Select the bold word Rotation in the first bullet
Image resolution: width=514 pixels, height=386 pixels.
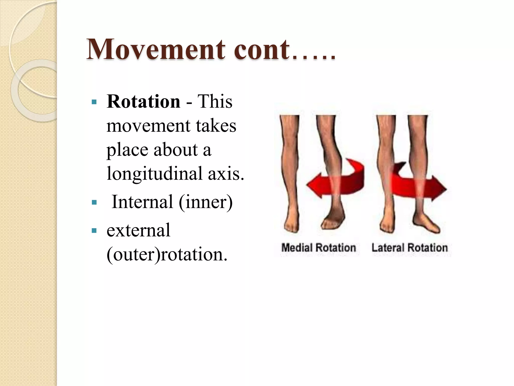[x=143, y=102]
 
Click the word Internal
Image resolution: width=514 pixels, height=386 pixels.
[x=142, y=202]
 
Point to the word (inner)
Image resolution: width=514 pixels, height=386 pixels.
[x=206, y=202]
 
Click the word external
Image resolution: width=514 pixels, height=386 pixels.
[x=138, y=230]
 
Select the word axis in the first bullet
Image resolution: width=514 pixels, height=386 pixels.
[x=226, y=174]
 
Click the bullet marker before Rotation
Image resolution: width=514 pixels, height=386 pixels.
[x=94, y=102]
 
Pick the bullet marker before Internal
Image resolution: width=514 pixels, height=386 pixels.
[x=94, y=202]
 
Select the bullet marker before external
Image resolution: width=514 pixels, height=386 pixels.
[x=94, y=230]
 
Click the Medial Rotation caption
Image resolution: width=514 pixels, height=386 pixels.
[x=318, y=248]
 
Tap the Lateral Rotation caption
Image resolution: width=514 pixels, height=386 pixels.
[x=409, y=248]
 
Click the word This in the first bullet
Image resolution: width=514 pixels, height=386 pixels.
[x=215, y=102]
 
